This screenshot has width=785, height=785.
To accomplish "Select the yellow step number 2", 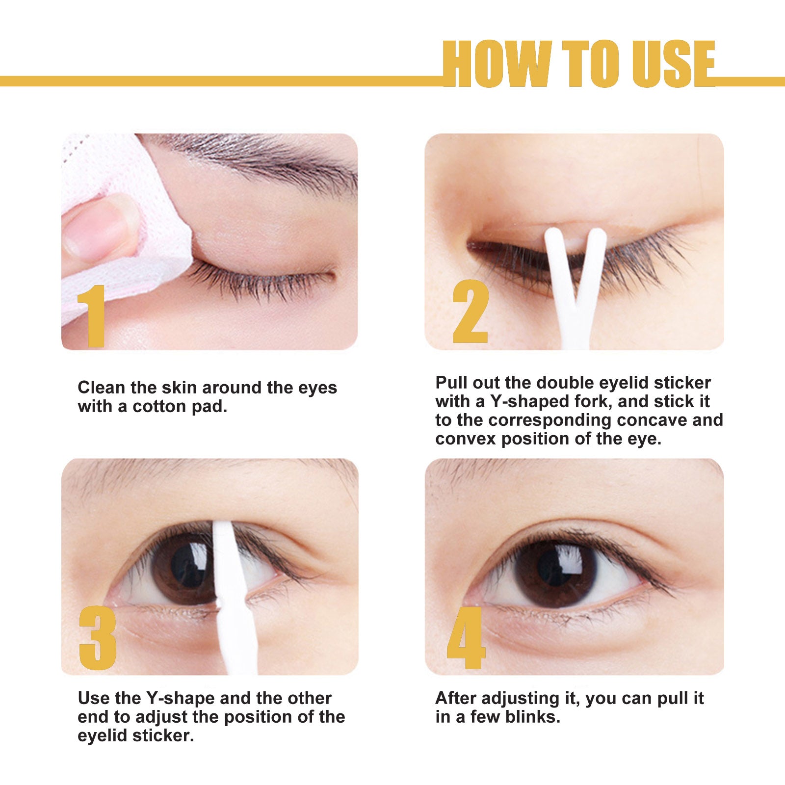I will (x=470, y=312).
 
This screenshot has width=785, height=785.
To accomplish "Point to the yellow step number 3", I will (x=98, y=638).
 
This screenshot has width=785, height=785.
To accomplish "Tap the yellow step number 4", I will (x=466, y=638).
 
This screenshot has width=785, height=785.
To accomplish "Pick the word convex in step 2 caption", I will (x=466, y=439).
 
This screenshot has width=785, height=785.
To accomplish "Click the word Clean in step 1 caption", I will (x=102, y=388).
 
